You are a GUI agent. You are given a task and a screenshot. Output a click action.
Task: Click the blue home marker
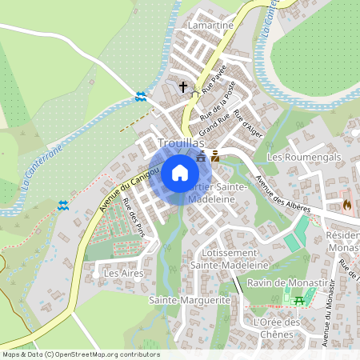click(x=180, y=172)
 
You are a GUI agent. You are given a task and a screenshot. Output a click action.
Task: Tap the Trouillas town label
click(x=182, y=142)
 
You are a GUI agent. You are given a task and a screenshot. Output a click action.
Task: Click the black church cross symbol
click(x=182, y=86)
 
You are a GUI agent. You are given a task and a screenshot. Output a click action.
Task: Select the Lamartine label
click(x=209, y=26)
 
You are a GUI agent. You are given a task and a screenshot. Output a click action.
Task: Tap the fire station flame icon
click(x=347, y=205)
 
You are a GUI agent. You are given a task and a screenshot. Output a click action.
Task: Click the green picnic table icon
click(x=299, y=300)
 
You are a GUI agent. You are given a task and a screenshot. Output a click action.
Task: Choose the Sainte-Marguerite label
click(x=190, y=299)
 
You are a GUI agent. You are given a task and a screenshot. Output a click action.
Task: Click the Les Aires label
click(x=118, y=273)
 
